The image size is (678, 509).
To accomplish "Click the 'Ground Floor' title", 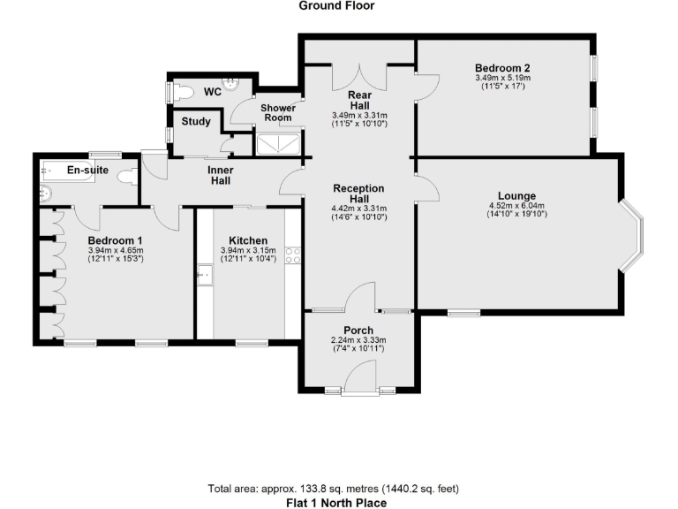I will tap(336, 6).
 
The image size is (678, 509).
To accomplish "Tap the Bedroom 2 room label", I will tap(501, 68).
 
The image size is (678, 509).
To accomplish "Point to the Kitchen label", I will tap(248, 240).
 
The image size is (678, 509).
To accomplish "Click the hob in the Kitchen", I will tap(294, 256).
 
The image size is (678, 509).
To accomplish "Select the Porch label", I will tap(358, 330).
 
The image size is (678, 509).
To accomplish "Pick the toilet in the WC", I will tap(182, 91).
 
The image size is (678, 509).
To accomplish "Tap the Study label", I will tap(195, 121).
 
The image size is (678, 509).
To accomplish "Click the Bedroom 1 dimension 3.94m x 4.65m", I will tap(115, 251).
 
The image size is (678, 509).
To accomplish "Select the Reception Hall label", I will tap(358, 194).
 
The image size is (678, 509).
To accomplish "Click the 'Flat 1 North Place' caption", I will tap(336, 502).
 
